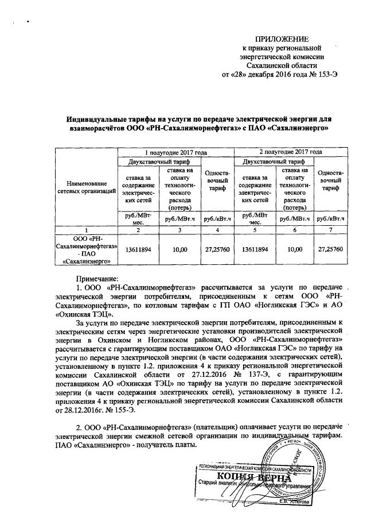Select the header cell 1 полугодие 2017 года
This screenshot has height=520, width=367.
pos(175,152)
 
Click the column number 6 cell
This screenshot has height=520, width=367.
pos(295,229)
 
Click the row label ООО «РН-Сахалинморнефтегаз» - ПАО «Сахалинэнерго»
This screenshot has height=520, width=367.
pos(86,249)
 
